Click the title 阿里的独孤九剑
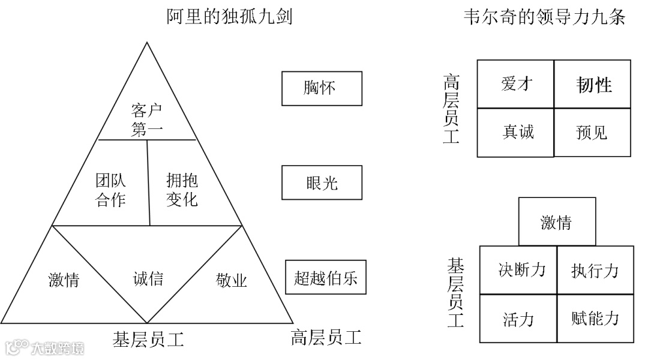229,17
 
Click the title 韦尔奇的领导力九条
544,17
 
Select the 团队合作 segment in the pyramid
111,190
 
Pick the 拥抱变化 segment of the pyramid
182,190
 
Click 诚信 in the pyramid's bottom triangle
148,278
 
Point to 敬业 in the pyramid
232,280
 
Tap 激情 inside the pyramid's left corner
64,280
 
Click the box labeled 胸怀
322,88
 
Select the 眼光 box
322,182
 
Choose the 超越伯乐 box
326,277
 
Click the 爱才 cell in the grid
515,84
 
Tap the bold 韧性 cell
593,84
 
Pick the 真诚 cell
515,132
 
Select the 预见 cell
593,132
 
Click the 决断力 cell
520,270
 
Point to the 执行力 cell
595,270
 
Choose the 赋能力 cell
595,318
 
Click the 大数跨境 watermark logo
44,347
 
